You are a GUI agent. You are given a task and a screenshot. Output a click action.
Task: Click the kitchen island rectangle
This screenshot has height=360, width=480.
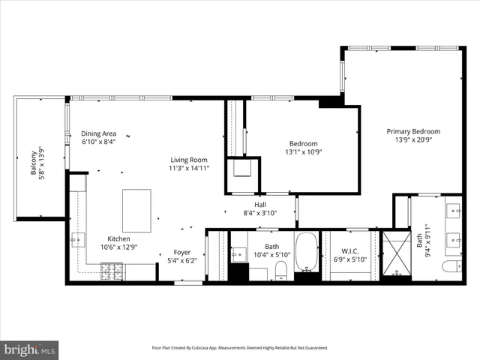(x=136, y=211)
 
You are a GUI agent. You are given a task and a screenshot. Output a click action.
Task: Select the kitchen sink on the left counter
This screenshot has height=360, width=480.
(x=77, y=240)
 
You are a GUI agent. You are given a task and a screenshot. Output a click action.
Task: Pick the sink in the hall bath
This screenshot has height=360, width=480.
(x=238, y=253)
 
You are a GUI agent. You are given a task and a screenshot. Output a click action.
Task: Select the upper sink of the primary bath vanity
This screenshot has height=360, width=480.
(x=454, y=210)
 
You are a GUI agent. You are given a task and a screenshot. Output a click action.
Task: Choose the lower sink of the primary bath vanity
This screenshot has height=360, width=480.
(x=454, y=241)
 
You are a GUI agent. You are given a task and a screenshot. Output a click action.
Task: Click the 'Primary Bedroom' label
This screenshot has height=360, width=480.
(x=413, y=131)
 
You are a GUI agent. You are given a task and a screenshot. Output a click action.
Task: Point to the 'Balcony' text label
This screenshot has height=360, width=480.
(x=34, y=163)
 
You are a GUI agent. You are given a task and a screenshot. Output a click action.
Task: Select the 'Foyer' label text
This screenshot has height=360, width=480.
(x=182, y=252)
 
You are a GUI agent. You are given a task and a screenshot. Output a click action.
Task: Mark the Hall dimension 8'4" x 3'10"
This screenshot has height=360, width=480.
(x=260, y=213)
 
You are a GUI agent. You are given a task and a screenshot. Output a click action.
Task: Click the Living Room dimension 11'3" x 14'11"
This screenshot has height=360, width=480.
(x=188, y=168)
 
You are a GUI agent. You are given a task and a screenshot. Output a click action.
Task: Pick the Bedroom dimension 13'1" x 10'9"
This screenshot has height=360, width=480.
(x=304, y=152)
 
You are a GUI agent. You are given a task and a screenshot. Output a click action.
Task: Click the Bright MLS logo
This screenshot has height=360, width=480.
(x=30, y=349)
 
